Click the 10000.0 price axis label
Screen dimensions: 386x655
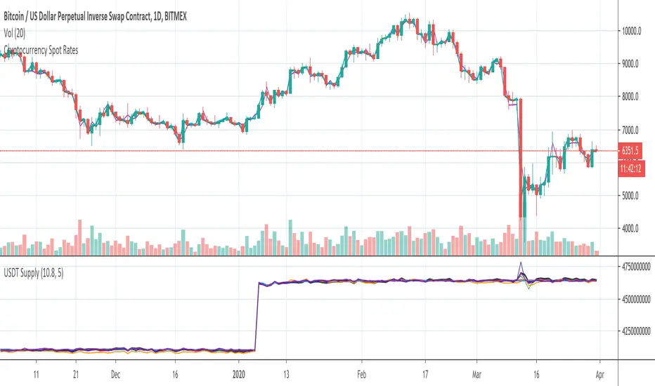[635, 31]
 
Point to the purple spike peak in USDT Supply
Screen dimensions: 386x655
[521, 262]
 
